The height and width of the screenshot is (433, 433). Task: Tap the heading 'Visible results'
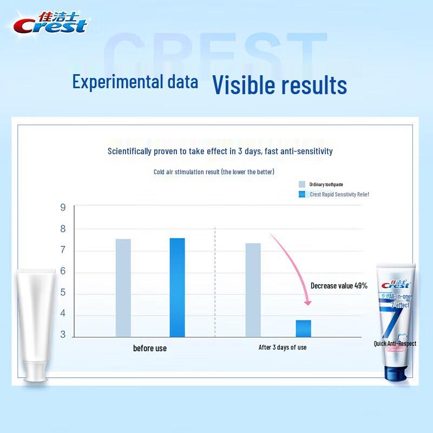279,84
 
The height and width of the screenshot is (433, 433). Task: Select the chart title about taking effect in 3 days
220,152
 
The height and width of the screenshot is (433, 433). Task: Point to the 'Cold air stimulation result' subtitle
214,172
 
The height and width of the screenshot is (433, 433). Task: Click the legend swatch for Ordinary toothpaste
302,185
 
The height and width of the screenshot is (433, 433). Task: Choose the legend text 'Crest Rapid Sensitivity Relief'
339,194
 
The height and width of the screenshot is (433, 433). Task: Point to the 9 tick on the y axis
63,207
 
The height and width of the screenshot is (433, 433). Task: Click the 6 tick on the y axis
63,271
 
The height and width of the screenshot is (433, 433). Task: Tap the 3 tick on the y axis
63,335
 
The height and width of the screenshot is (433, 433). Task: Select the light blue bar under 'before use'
123,288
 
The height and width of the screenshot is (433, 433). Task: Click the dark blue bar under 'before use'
177,287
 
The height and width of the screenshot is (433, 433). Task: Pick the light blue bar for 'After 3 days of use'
253,290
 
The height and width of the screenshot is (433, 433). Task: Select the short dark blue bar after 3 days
303,329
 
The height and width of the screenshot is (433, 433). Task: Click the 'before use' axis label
150,348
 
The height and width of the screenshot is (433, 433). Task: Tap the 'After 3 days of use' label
282,347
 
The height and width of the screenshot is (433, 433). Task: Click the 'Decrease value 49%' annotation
339,286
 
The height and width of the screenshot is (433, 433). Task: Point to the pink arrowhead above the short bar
307,302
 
